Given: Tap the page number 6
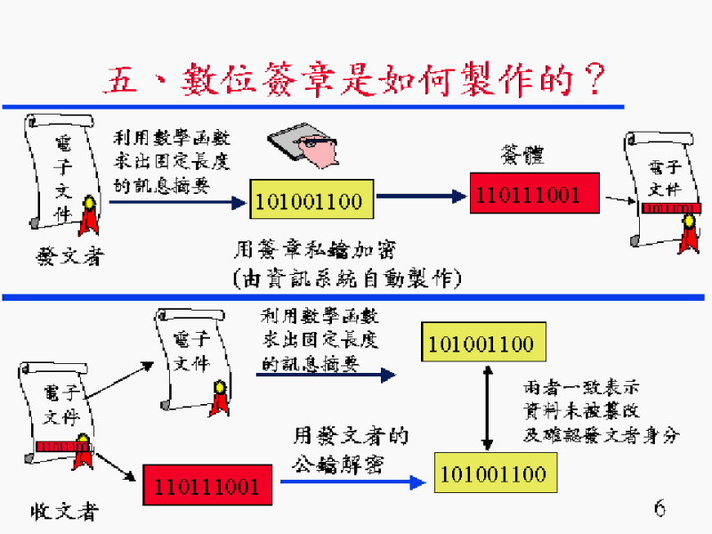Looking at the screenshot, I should coord(659,508).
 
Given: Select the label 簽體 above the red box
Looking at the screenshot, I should coord(522,157).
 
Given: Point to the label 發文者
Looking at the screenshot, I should coord(69,258).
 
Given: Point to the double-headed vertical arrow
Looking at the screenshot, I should coord(487,406).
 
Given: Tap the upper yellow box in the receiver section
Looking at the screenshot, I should coord(481,344).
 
